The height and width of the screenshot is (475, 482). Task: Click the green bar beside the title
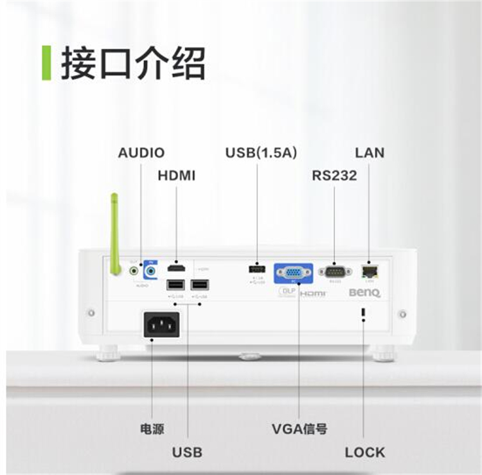pos(46,62)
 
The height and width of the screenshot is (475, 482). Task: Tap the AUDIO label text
pos(141,153)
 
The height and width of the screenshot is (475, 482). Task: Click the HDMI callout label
pos(176,175)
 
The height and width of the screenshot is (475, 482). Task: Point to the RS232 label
pos(334,175)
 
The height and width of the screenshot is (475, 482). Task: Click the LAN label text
pos(370,153)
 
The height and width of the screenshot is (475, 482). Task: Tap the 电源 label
pos(152,429)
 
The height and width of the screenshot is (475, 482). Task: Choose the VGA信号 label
pos(299,429)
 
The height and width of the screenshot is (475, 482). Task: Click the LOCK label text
pos(364,452)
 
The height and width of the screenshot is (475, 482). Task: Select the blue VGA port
pos(294,272)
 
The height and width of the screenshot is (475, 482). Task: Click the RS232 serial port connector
pos(335,271)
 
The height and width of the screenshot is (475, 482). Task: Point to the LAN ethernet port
pos(370,271)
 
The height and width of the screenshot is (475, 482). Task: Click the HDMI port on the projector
pos(176,268)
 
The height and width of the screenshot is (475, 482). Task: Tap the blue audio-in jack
pos(150,271)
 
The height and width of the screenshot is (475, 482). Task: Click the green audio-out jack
pos(134,271)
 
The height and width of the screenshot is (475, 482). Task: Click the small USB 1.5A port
pos(257,268)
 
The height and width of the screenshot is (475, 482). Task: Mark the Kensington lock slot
pos(363,313)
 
